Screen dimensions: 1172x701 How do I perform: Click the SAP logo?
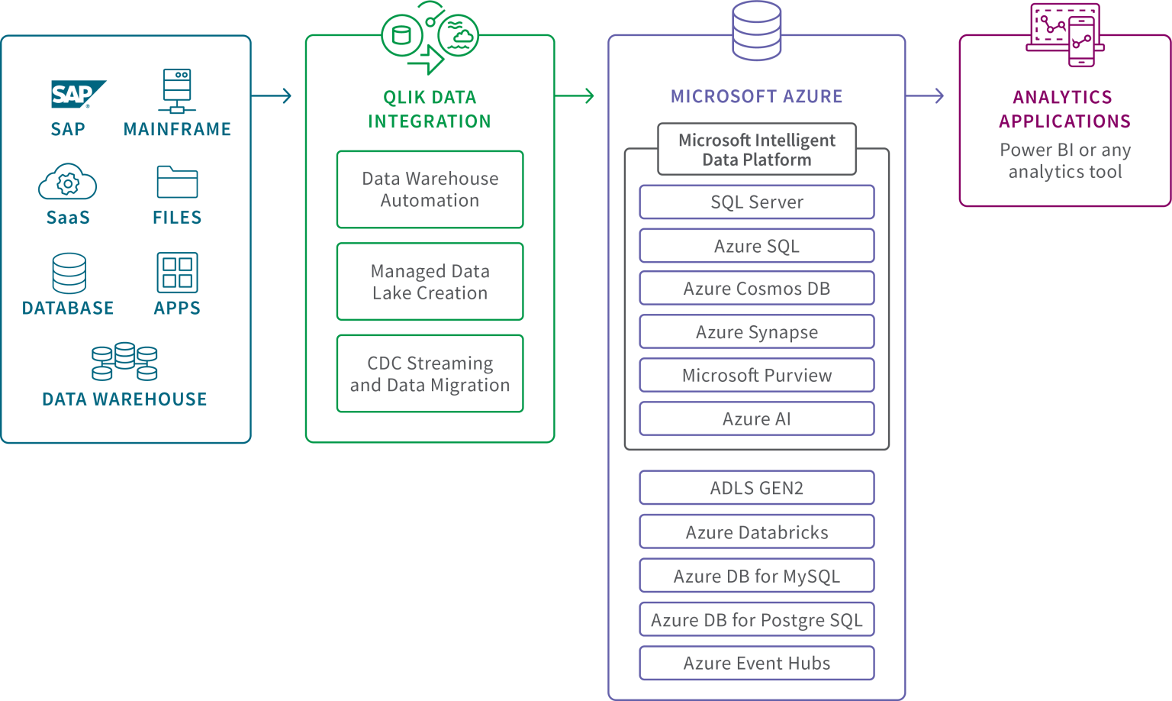point(79,94)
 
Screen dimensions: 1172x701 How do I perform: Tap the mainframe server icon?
point(177,91)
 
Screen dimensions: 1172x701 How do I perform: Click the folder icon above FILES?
point(177,182)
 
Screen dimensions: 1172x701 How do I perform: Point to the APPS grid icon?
point(177,273)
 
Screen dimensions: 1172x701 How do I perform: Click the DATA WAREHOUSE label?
point(124,399)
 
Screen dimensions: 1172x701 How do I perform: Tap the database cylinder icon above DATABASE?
point(69,273)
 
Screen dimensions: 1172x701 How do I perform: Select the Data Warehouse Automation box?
point(430,189)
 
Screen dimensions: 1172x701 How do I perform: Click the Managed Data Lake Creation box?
point(430,282)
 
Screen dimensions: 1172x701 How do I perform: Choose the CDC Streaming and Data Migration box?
point(430,374)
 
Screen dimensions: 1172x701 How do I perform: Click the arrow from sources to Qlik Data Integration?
point(271,95)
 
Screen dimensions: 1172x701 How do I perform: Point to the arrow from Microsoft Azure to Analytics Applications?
point(925,95)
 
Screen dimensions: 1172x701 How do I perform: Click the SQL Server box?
point(757,202)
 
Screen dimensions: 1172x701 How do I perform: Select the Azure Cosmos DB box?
point(757,288)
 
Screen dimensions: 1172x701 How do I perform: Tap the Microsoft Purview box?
point(757,375)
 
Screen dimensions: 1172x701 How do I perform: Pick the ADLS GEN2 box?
point(757,487)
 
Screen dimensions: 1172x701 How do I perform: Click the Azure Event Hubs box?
point(757,663)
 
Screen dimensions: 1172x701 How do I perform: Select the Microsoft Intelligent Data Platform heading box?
point(757,149)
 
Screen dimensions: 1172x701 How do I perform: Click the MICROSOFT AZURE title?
point(757,96)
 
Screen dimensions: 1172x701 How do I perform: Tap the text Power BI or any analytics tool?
point(1065,160)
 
